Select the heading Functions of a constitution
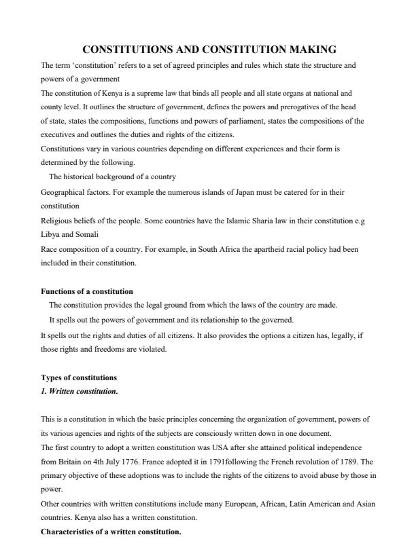point(87,291)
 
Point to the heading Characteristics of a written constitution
point(111,531)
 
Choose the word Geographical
point(63,192)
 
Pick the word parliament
point(232,121)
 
